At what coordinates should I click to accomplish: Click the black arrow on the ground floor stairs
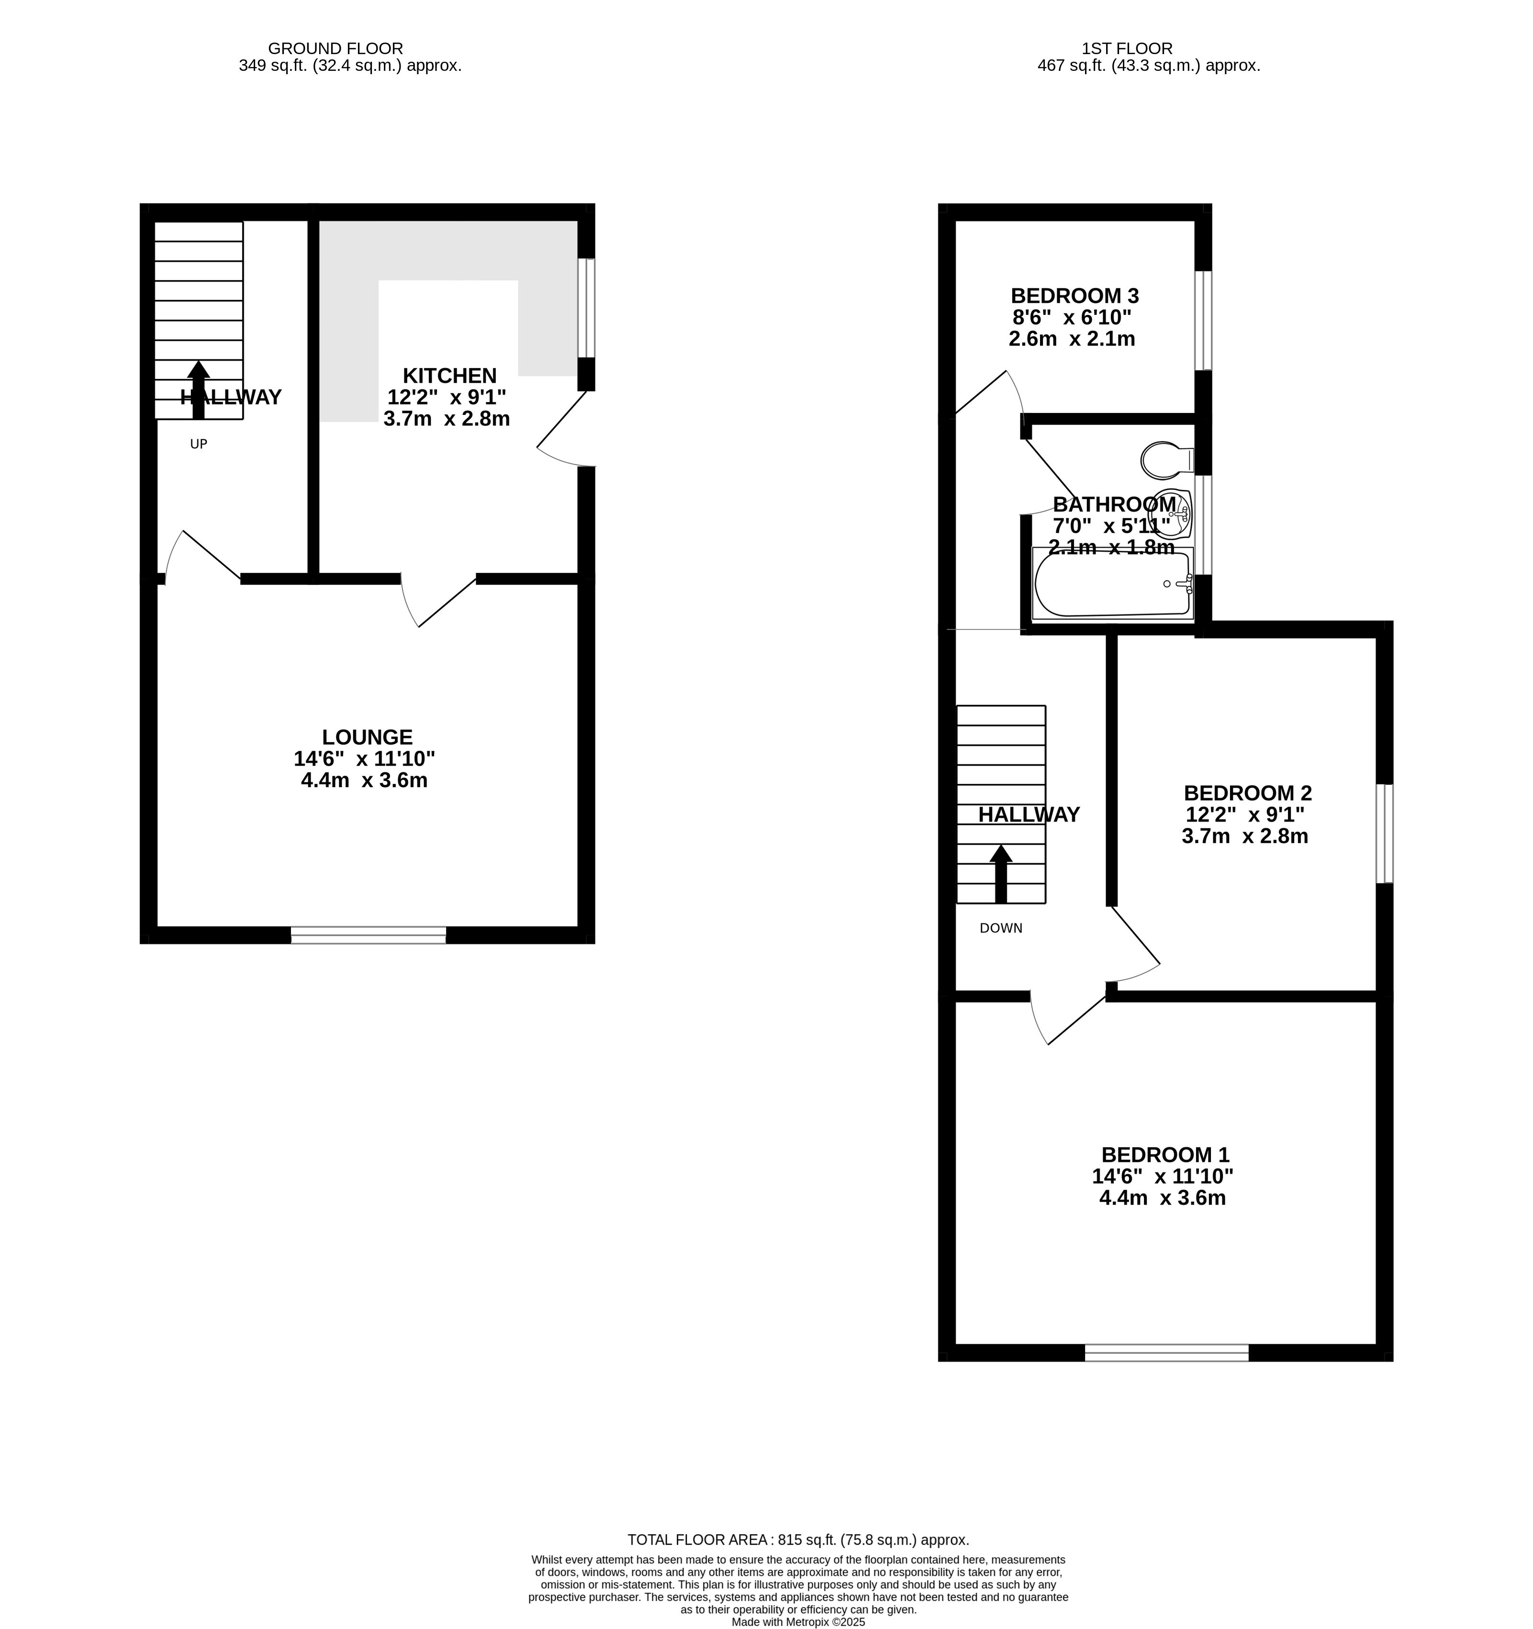[x=198, y=390]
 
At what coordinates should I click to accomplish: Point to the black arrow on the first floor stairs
[x=1000, y=874]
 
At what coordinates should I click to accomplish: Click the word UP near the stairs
[x=198, y=444]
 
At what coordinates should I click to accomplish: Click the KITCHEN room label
[x=450, y=376]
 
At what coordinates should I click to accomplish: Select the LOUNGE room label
[x=367, y=737]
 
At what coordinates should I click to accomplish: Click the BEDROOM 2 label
[x=1247, y=793]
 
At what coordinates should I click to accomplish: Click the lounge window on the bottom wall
[x=369, y=935]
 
